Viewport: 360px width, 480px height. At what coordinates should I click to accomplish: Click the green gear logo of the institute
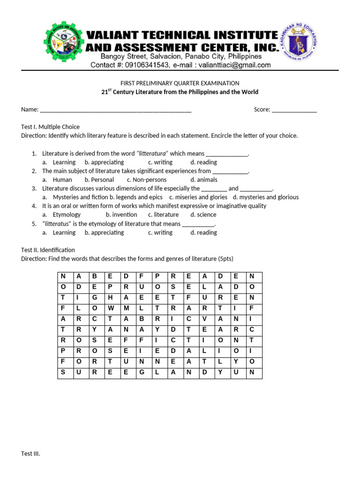[66, 43]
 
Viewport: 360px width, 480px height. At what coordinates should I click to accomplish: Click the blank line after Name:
[116, 110]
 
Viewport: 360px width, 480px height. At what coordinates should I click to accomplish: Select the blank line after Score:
[294, 110]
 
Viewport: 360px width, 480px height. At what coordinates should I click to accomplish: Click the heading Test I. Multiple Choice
[50, 127]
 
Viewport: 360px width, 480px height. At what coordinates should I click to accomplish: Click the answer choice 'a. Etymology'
[61, 215]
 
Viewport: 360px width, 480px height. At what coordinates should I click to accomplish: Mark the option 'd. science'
[203, 215]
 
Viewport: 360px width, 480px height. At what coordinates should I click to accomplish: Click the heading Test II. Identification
[48, 250]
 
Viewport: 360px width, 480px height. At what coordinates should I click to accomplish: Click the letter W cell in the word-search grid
[110, 308]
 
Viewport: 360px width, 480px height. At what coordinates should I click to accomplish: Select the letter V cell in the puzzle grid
[204, 319]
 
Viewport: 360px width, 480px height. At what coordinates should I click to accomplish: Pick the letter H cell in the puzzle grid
[110, 297]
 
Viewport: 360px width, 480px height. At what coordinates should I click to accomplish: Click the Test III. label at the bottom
[30, 454]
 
